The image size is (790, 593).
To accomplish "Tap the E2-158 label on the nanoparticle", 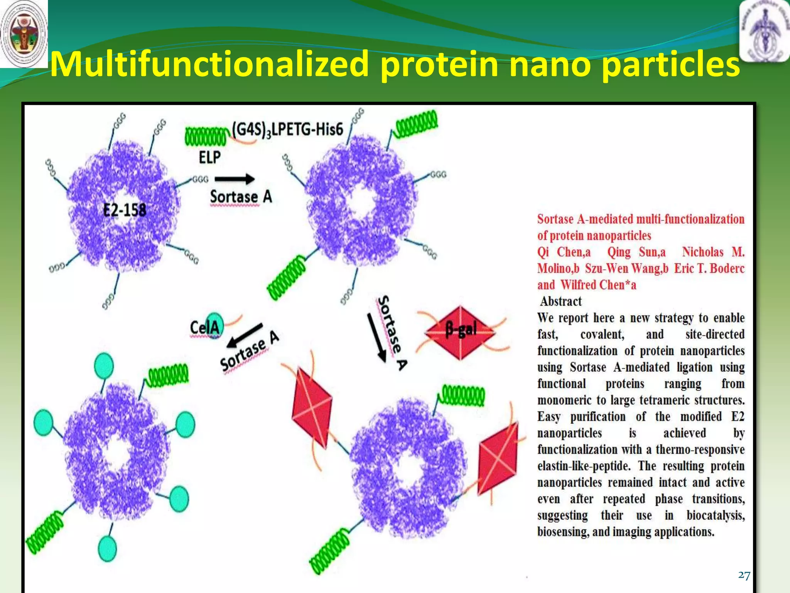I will [125, 210].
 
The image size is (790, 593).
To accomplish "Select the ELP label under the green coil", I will [209, 157].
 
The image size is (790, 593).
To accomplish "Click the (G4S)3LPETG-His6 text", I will [287, 129].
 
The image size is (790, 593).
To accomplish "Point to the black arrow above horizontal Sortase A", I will [235, 179].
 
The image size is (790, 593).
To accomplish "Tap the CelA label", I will [204, 327].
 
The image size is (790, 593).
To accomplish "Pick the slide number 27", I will [744, 575].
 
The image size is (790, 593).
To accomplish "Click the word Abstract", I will [561, 301].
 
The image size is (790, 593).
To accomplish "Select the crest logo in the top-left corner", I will [24, 34].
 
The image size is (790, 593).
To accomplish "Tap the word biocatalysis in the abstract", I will [716, 515].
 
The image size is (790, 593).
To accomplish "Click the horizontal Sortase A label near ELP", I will [241, 197].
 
